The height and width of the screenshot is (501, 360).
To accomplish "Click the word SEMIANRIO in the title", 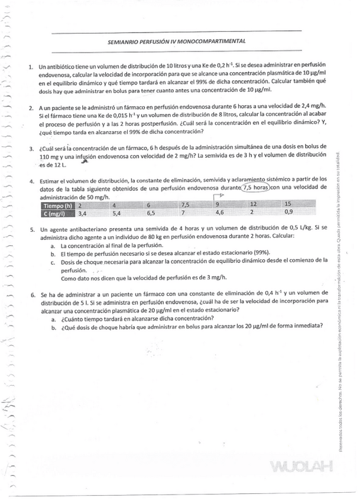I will (x=123, y=42).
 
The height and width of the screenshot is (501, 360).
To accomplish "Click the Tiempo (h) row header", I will (x=58, y=204).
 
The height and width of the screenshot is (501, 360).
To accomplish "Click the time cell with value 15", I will (x=288, y=204).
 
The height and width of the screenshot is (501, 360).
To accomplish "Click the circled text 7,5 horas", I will (x=255, y=188).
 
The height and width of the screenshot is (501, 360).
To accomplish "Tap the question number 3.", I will (x=32, y=148).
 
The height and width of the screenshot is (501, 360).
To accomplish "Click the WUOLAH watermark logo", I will (x=299, y=469).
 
